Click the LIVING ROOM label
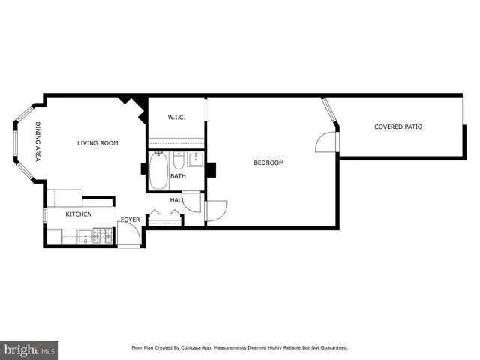(x=97, y=143)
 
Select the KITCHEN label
(x=78, y=214)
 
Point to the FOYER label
(x=130, y=220)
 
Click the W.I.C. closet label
(x=176, y=118)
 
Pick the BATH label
(x=178, y=176)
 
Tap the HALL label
(x=177, y=200)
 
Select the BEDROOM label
(x=268, y=163)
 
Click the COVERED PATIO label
(x=398, y=127)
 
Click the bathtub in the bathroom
(x=158, y=171)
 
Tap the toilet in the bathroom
(x=178, y=160)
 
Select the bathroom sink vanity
(x=195, y=160)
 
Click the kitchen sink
(x=85, y=237)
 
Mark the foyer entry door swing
(x=128, y=234)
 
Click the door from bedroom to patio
(x=328, y=142)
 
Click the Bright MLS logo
(x=29, y=350)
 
